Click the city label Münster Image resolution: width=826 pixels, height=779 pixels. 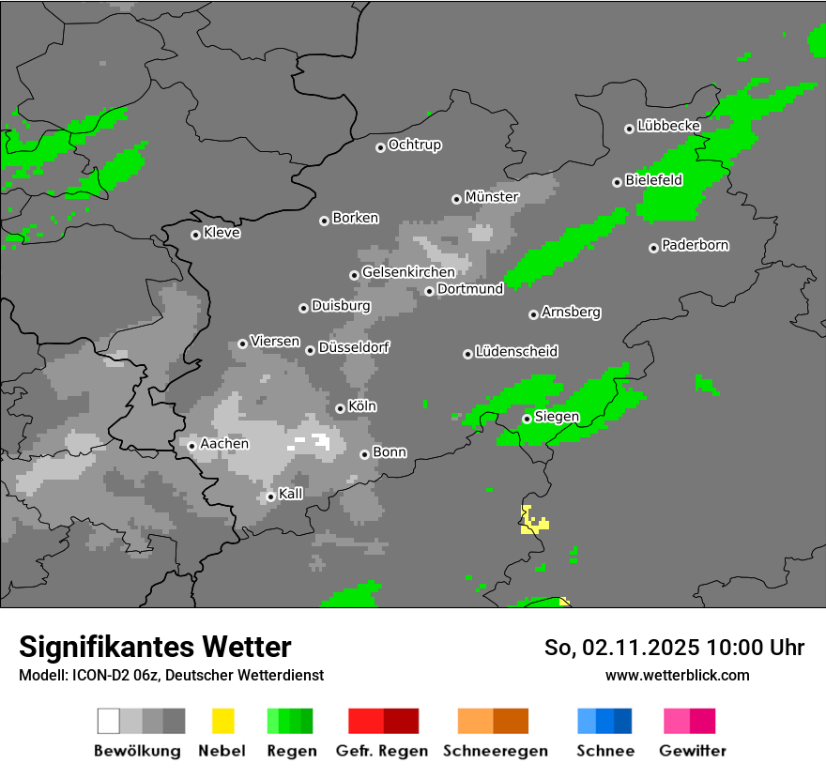coord(492,197)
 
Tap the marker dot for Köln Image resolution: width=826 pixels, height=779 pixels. coord(340,408)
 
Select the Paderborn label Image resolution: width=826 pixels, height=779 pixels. coord(695,246)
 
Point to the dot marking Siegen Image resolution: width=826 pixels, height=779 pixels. coord(527,419)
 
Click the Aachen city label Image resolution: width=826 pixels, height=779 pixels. coord(224,444)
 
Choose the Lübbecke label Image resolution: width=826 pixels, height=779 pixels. coord(668,126)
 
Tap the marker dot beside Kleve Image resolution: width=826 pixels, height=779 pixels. coord(195,235)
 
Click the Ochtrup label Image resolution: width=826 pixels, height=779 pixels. coord(414,145)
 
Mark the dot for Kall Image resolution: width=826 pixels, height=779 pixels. coord(270,496)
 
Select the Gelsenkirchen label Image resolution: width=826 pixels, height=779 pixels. coord(408,273)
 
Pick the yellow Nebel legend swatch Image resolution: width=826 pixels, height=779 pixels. coord(222,721)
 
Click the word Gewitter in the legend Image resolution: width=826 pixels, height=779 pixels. coord(692,751)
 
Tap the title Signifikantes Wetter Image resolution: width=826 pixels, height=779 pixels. coord(155,647)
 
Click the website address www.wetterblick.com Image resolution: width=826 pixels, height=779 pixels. coord(677,675)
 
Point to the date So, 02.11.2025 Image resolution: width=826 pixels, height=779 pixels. coord(622,648)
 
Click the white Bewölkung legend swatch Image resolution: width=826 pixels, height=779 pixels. coord(108,721)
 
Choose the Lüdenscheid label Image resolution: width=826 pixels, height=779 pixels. coord(516,352)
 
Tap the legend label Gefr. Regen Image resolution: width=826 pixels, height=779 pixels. coord(382,751)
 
